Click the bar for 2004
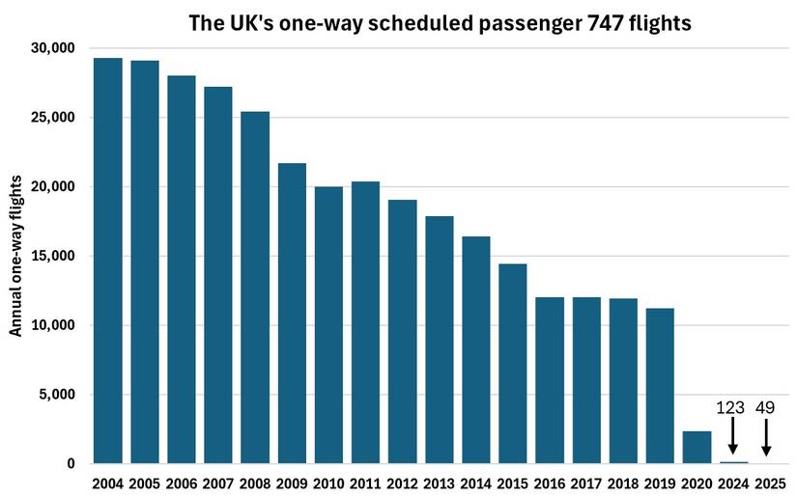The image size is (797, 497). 108,261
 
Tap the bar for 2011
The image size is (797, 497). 365,322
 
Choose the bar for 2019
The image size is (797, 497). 660,386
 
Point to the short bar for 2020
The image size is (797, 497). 697,447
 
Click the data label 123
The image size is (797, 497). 732,408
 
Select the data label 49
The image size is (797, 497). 765,408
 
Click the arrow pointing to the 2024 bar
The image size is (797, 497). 733,438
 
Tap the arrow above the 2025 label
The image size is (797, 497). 766,438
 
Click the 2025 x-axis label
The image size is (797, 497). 770,482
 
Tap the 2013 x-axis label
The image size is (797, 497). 439,482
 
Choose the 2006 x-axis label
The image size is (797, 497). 182,482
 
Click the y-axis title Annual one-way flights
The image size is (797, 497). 15,262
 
